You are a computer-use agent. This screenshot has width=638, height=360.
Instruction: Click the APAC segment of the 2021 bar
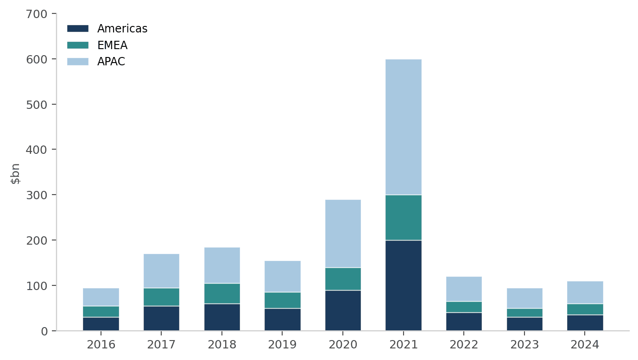(403, 127)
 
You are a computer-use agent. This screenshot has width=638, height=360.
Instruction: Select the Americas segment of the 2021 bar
(403, 285)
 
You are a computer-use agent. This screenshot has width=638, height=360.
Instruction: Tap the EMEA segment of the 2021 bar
(403, 217)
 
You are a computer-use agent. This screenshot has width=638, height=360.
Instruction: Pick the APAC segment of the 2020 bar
(343, 234)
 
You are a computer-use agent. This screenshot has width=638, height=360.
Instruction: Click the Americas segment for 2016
(101, 324)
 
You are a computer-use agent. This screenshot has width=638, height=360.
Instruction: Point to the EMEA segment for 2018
(222, 293)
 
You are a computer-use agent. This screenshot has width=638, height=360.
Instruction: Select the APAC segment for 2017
(161, 271)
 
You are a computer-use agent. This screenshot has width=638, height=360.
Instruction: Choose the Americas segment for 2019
(282, 319)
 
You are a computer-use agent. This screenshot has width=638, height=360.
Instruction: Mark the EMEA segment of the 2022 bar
(464, 307)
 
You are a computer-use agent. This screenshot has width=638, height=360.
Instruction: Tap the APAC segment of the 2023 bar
(524, 298)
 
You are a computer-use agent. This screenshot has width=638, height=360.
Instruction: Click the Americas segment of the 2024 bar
(585, 322)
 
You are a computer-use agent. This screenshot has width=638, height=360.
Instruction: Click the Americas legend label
(122, 29)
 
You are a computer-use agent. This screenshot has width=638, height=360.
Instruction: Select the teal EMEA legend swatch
(77, 45)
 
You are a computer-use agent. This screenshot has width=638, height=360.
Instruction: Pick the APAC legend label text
(111, 62)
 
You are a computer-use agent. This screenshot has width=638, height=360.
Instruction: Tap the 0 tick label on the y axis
(45, 331)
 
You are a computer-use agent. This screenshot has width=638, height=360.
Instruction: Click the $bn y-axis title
(16, 174)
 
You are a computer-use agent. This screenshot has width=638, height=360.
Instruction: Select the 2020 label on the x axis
(343, 345)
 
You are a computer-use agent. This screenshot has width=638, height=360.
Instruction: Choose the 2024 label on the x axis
(585, 345)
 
